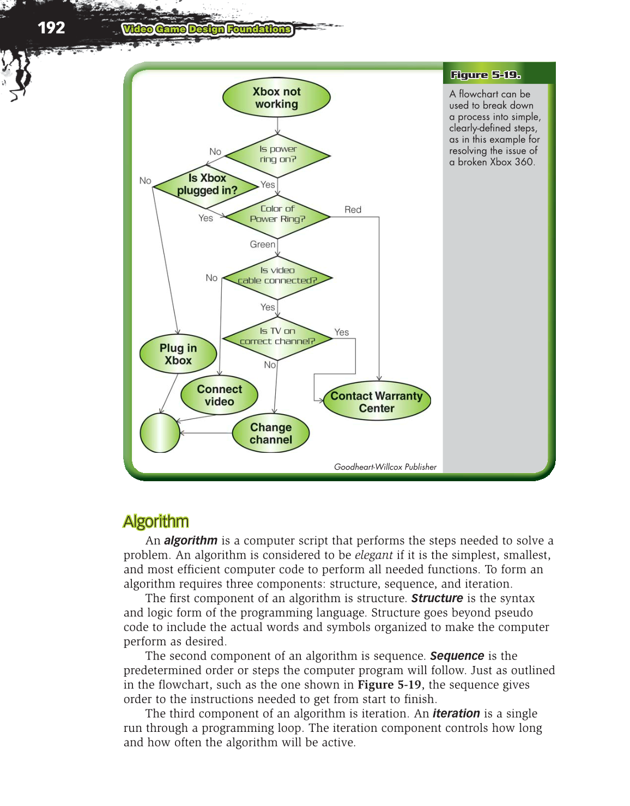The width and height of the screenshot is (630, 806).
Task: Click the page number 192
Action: (x=51, y=28)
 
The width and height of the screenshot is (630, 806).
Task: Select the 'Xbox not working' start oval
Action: (x=276, y=98)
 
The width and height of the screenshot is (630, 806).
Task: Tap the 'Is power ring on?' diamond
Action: (x=277, y=155)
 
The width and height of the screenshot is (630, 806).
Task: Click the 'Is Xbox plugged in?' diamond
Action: (x=207, y=185)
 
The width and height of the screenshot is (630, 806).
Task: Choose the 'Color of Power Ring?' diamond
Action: (x=277, y=214)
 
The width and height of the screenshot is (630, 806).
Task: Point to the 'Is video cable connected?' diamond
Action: (x=277, y=276)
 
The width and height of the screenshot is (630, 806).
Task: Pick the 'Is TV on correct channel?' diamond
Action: (x=277, y=336)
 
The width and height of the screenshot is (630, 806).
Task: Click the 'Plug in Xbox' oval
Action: (x=178, y=354)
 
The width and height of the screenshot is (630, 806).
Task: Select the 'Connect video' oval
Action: (x=219, y=396)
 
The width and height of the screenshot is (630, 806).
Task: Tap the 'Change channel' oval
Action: (x=271, y=434)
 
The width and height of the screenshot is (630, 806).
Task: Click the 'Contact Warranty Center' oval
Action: (x=377, y=402)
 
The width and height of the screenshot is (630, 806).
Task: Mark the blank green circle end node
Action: (x=160, y=433)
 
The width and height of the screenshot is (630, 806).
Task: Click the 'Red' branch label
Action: (x=353, y=210)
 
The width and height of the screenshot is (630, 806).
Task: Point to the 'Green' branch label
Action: (x=262, y=245)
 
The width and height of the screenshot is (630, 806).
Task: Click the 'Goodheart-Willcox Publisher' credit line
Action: (x=385, y=467)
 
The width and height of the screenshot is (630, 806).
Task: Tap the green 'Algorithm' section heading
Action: (x=156, y=522)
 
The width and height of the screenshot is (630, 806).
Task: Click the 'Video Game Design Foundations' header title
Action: (x=207, y=29)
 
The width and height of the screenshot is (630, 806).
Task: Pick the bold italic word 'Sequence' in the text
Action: (x=457, y=656)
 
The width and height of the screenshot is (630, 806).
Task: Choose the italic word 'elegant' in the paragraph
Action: (x=373, y=555)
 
